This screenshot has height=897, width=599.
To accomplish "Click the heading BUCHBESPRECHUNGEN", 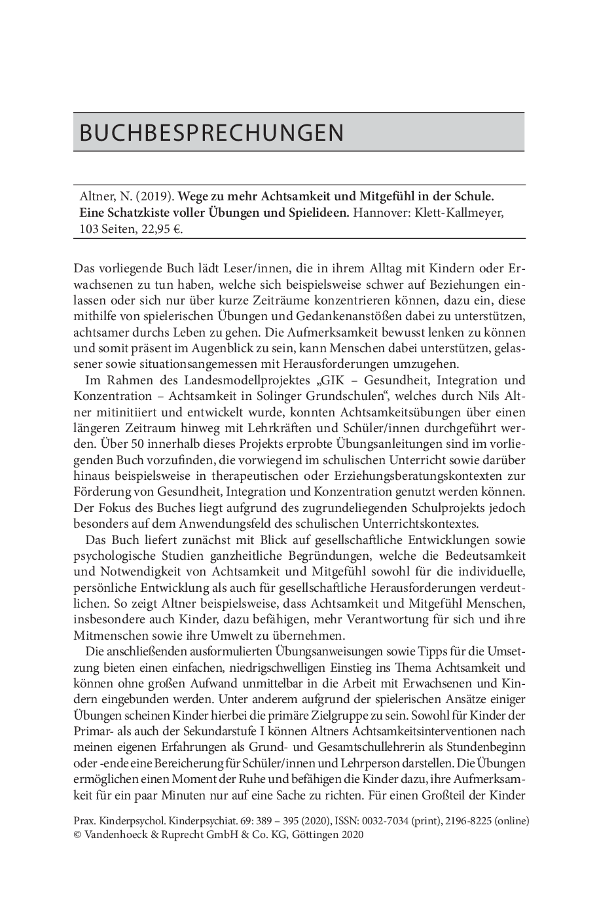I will [211, 133].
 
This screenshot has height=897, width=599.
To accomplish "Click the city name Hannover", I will [381, 213].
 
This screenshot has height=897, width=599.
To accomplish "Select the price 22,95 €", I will [160, 229].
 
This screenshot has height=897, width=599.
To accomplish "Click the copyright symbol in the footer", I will [78, 835].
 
